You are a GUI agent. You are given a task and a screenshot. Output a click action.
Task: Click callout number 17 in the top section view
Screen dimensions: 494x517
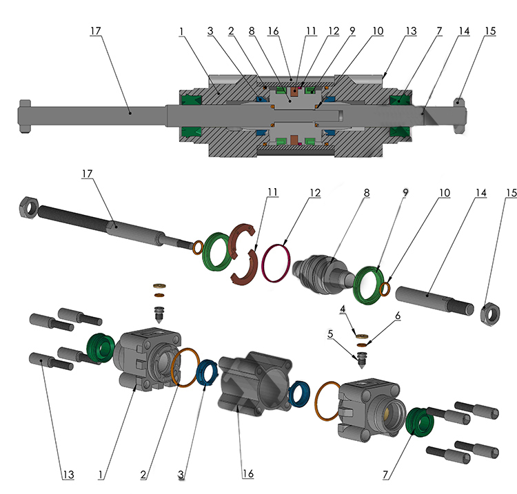click(96, 30)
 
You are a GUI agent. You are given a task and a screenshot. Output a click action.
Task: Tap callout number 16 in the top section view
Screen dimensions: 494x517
click(274, 31)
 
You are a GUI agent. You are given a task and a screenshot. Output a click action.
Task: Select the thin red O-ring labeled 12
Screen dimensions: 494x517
click(278, 263)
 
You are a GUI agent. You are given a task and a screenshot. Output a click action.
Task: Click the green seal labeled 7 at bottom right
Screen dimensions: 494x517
click(418, 422)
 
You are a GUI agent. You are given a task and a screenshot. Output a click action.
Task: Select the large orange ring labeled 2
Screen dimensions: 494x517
click(186, 369)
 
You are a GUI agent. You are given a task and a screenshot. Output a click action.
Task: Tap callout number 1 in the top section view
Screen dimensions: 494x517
click(182, 31)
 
